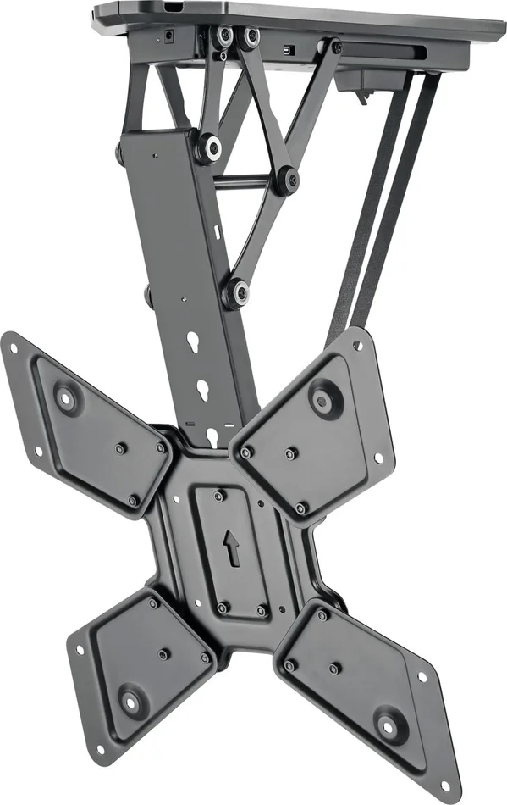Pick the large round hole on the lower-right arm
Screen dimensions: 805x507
(389, 726)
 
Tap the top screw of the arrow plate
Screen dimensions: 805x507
(219, 496)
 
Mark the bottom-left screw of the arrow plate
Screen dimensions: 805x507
(223, 607)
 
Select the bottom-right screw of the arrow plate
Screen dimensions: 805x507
(260, 611)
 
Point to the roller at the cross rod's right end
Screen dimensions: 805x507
(289, 179)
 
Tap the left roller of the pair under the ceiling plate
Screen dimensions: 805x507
(226, 36)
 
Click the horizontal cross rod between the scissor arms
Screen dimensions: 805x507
(250, 180)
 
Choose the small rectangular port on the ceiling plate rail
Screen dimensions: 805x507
(289, 50)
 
